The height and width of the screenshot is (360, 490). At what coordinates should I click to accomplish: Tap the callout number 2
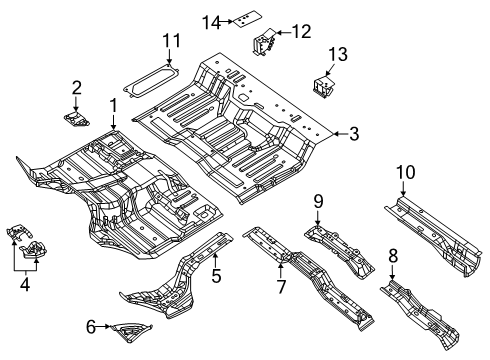[76, 87]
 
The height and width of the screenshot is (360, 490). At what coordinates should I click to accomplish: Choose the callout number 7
[281, 288]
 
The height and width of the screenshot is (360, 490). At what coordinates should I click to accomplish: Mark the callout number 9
[318, 202]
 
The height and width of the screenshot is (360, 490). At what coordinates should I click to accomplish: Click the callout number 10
[403, 173]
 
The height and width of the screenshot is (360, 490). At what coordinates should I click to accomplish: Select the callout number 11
[169, 41]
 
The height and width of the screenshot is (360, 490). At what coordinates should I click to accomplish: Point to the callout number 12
[301, 32]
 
